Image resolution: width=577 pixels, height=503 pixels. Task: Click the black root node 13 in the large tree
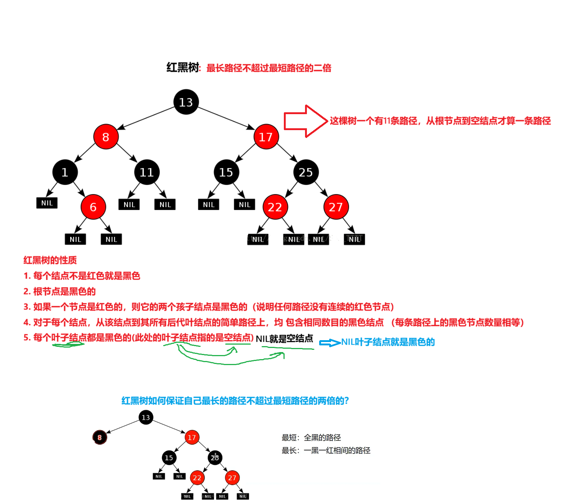(186, 102)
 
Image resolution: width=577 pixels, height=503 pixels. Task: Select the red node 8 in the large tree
(106, 137)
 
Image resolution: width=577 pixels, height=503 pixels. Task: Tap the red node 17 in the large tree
(266, 137)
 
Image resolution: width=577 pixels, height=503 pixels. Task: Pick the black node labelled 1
(65, 172)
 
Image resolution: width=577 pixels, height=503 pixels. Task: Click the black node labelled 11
(147, 172)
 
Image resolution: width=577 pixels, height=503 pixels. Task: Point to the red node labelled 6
(93, 207)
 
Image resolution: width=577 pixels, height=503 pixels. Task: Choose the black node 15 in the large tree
(226, 172)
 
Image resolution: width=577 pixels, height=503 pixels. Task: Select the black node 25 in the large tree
(306, 172)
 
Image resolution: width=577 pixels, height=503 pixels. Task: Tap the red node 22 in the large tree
(275, 207)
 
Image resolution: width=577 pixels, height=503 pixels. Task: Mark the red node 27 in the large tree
(336, 207)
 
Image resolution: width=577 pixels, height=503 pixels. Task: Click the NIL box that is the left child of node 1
(47, 203)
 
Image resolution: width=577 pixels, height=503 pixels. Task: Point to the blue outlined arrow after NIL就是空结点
(330, 343)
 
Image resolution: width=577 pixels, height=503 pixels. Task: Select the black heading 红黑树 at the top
(183, 68)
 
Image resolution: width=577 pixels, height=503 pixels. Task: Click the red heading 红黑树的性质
(50, 260)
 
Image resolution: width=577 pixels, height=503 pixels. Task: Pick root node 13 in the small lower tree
(146, 417)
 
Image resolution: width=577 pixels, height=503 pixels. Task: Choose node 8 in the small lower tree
(100, 438)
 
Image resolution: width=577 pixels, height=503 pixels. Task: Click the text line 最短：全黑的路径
(311, 438)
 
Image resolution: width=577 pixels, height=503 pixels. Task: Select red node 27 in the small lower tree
(232, 478)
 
